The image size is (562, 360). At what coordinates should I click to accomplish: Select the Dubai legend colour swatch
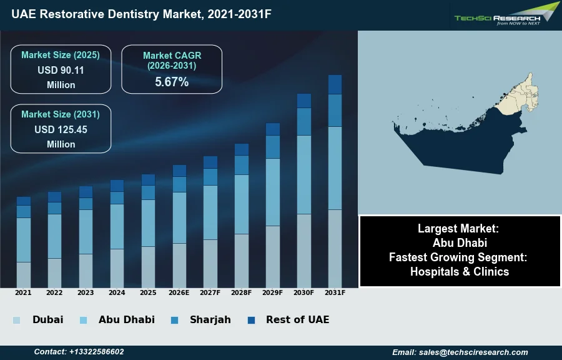click(x=16, y=320)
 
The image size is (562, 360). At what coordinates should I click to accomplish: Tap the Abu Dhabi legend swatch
click(x=83, y=320)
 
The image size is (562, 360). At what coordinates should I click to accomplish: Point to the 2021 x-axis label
click(x=23, y=292)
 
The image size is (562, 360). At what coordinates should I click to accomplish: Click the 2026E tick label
click(x=179, y=292)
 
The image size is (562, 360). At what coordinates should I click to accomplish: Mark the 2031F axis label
click(x=335, y=292)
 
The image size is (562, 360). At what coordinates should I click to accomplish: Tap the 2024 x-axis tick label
click(x=117, y=292)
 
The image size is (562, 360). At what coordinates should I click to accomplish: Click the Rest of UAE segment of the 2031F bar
click(x=335, y=84)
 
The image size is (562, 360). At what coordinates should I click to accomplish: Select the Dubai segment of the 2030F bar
click(x=304, y=251)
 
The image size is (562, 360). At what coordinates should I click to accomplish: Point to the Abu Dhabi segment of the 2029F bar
click(x=273, y=192)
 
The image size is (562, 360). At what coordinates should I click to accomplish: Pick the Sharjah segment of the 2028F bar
click(x=242, y=165)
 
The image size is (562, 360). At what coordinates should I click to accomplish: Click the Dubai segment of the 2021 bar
click(x=23, y=274)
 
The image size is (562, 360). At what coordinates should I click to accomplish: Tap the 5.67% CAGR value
click(x=172, y=82)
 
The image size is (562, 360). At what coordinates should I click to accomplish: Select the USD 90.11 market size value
click(x=61, y=70)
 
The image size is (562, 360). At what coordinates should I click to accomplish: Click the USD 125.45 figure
click(x=61, y=130)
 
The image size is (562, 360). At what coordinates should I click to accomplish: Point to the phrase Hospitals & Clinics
click(x=460, y=271)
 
